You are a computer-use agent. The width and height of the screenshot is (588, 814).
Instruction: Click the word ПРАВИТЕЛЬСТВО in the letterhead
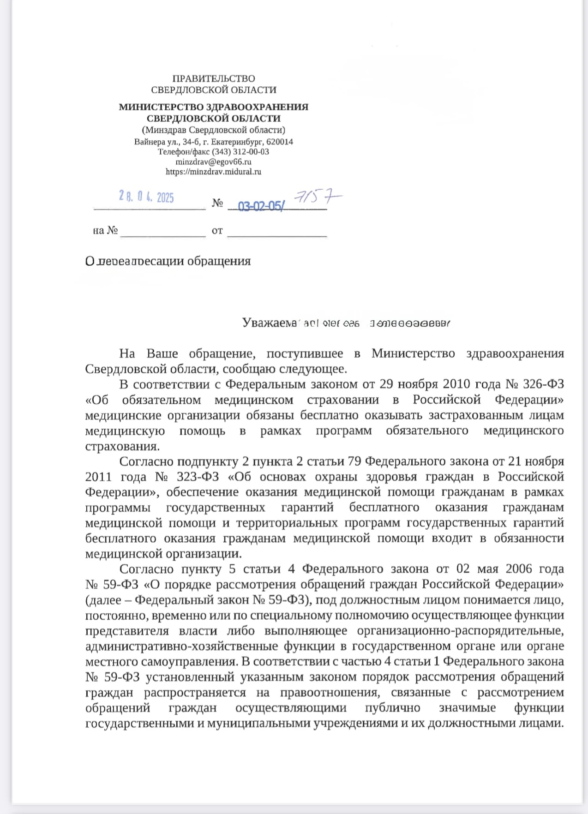point(213,79)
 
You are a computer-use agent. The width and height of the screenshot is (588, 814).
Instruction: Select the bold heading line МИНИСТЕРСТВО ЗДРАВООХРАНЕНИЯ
point(213,107)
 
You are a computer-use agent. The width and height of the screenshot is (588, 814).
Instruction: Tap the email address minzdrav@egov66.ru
point(213,162)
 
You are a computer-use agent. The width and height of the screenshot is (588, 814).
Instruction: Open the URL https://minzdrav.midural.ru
point(213,172)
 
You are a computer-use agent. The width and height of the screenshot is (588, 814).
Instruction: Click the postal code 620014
point(280,142)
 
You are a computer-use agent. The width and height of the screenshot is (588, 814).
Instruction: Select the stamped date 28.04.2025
point(146,198)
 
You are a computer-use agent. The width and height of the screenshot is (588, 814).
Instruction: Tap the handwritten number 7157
point(318,198)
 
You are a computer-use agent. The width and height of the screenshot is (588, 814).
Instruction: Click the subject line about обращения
point(168,261)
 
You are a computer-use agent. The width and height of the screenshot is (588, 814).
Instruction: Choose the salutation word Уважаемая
point(269,323)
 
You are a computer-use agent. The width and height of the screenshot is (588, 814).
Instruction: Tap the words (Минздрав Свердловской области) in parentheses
point(213,130)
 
